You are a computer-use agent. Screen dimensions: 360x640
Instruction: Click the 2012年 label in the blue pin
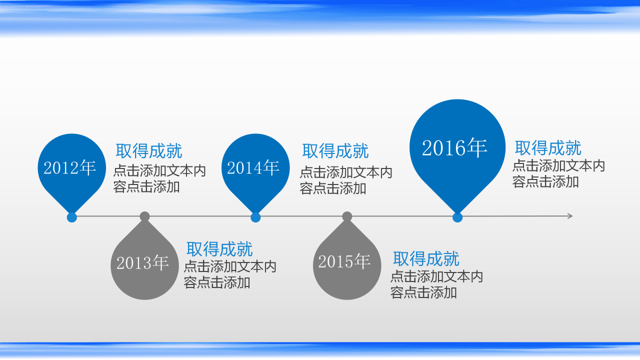pyautogui.click(x=70, y=168)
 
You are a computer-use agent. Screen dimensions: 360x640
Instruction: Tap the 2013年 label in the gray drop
pyautogui.click(x=143, y=262)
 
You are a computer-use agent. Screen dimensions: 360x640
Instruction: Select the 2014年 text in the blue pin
pyautogui.click(x=253, y=168)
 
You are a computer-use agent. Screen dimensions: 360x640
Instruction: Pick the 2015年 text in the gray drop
pyautogui.click(x=344, y=261)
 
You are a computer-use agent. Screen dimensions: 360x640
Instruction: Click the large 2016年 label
pyautogui.click(x=454, y=148)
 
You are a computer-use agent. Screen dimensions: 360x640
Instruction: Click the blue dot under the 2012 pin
pyautogui.click(x=72, y=217)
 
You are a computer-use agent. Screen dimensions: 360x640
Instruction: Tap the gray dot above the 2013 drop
pyautogui.click(x=145, y=216)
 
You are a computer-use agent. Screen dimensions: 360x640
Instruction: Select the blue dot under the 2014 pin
pyautogui.click(x=255, y=217)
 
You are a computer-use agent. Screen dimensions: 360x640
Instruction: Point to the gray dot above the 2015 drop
pyautogui.click(x=347, y=216)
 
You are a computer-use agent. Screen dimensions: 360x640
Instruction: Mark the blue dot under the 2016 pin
pyautogui.click(x=457, y=217)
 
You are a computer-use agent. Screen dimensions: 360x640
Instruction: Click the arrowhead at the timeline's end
pyautogui.click(x=569, y=216)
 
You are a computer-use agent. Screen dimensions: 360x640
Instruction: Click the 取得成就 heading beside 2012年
pyautogui.click(x=149, y=151)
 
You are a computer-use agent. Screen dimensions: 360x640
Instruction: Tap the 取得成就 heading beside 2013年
pyautogui.click(x=219, y=249)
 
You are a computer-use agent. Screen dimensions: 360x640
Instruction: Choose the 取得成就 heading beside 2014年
pyautogui.click(x=335, y=151)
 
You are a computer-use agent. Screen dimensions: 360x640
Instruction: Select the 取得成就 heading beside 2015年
pyautogui.click(x=426, y=259)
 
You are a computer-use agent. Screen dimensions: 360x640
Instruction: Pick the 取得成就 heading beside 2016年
pyautogui.click(x=548, y=148)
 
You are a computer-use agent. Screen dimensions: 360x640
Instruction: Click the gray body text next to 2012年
pyautogui.click(x=159, y=179)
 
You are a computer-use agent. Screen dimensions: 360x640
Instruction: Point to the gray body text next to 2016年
pyautogui.click(x=558, y=173)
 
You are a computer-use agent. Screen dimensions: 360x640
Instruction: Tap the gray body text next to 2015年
pyautogui.click(x=436, y=284)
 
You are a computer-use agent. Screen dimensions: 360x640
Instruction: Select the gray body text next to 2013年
pyautogui.click(x=230, y=274)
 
